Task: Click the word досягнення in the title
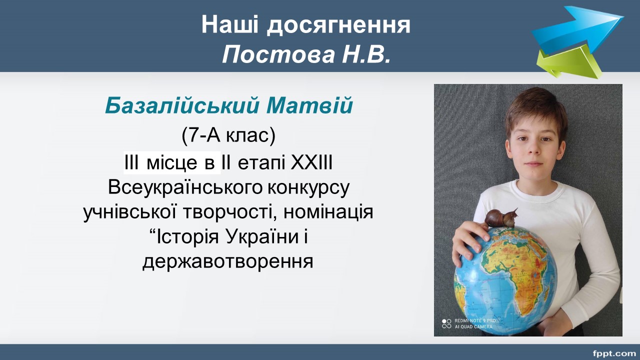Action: click(338, 25)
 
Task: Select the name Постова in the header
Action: click(278, 54)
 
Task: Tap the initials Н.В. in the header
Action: click(366, 54)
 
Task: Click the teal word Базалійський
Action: click(182, 106)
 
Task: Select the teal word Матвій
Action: click(309, 105)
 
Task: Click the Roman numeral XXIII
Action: click(311, 162)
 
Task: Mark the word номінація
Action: click(328, 212)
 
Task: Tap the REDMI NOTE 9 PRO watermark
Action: click(475, 321)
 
